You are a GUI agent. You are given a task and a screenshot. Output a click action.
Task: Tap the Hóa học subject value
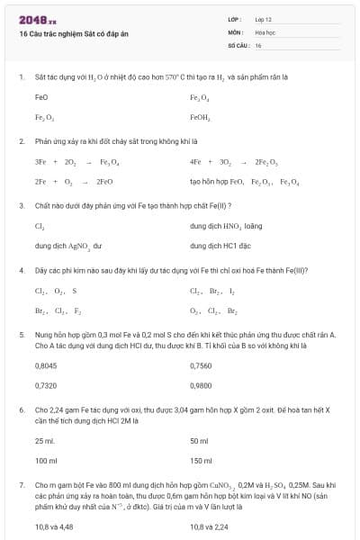tap(265, 31)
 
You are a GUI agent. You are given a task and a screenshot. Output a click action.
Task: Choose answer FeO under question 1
tap(41, 97)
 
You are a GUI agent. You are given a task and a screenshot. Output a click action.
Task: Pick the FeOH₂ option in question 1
tap(200, 117)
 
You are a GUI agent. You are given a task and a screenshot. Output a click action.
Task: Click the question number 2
tap(21, 141)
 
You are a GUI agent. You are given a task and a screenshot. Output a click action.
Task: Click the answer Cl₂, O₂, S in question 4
tap(56, 291)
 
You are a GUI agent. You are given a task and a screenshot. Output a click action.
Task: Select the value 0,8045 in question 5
tap(45, 365)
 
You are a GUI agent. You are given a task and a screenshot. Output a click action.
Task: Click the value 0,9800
tap(201, 384)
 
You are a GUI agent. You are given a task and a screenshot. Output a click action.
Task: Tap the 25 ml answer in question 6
tap(45, 440)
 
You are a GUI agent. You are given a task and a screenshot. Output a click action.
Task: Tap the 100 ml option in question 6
tap(46, 460)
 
